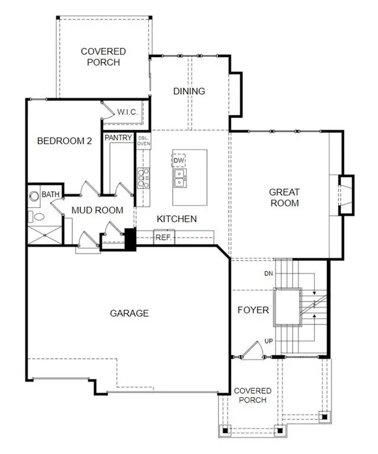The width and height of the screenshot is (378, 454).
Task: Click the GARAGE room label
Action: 129,313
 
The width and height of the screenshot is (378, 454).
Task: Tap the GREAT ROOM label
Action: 284,197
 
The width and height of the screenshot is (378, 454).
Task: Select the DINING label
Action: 189,91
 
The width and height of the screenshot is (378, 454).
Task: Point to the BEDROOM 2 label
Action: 64,141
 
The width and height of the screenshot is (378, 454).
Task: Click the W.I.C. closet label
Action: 128,112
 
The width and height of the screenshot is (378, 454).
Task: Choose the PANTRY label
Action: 118,138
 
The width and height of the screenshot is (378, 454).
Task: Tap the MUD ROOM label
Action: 97,210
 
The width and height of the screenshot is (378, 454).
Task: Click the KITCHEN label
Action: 176,219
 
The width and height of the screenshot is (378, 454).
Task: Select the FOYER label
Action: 253,310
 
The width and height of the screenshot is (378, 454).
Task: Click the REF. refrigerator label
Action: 163,238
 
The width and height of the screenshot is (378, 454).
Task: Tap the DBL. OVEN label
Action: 144,141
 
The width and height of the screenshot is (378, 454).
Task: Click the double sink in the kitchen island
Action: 179,176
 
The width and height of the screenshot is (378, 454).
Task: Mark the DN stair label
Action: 268,274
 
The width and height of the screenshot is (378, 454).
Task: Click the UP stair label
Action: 269,342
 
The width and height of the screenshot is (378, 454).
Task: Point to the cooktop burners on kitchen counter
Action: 143,177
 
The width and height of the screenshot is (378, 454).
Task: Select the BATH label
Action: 50,194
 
